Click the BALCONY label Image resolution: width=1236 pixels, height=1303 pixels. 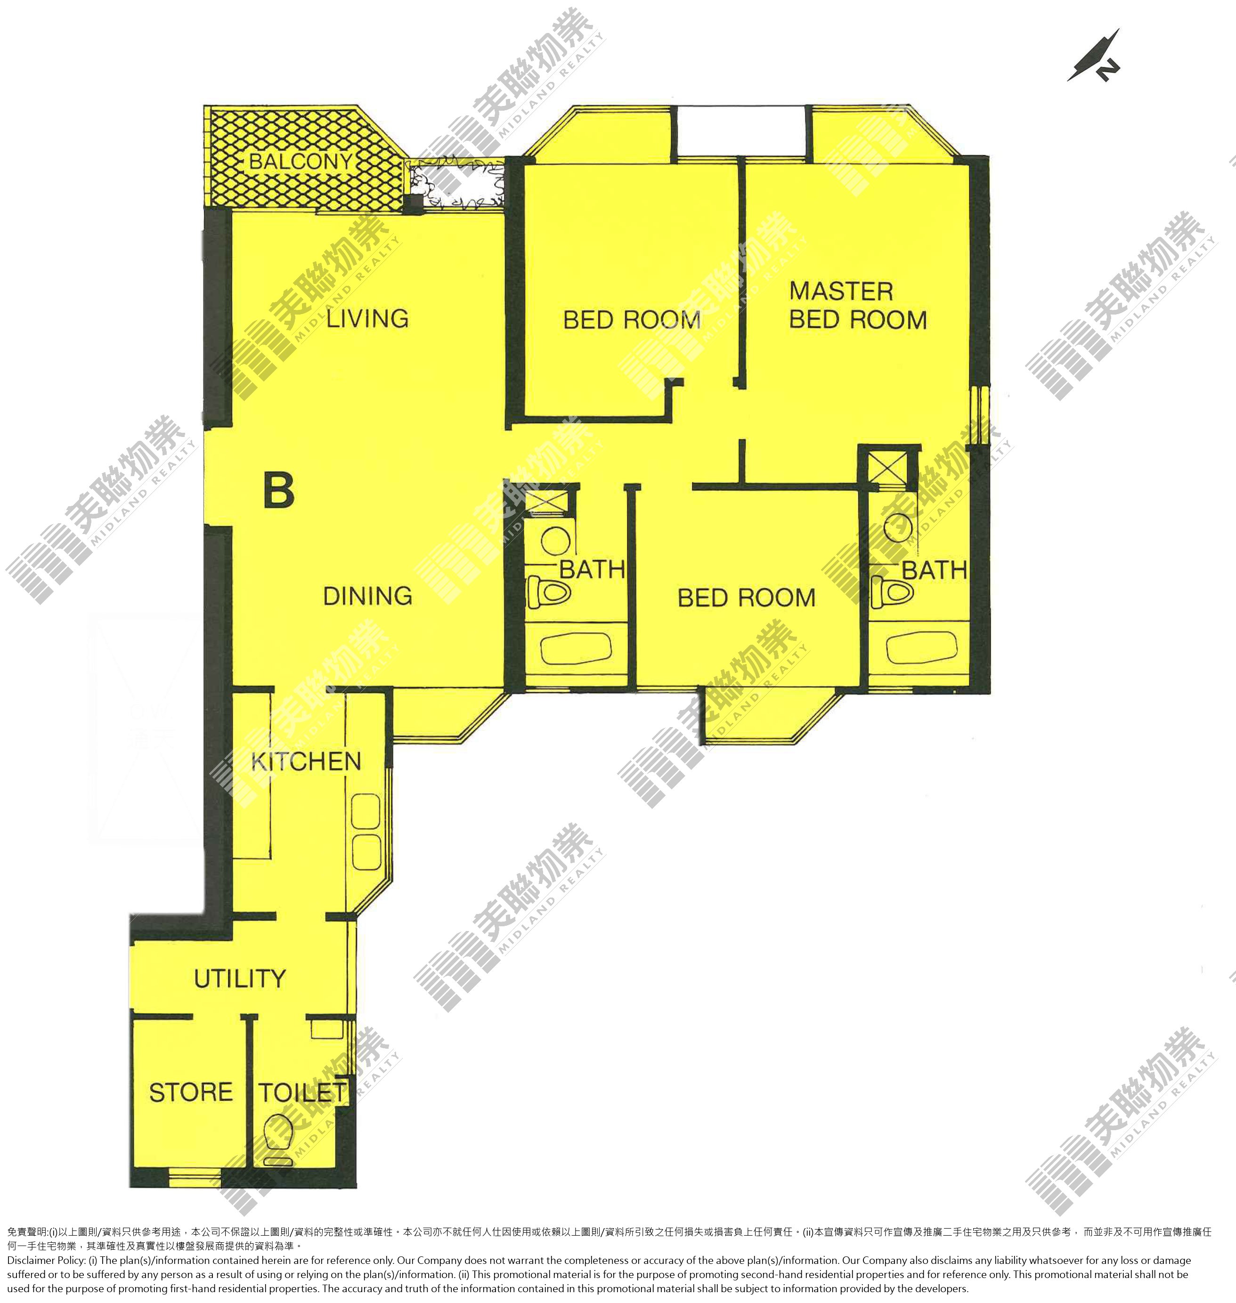pos(301,162)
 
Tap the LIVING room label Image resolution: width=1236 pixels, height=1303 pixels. pos(367,319)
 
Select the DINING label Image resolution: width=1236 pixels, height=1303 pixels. pos(367,596)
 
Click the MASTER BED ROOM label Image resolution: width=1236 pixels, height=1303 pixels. pos(858,306)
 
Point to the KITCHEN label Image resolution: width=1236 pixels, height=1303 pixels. pos(306,762)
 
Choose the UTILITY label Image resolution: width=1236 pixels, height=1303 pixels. pos(240,978)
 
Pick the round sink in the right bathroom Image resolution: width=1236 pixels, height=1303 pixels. pos(898,528)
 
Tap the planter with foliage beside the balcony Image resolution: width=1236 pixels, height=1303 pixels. pos(456,185)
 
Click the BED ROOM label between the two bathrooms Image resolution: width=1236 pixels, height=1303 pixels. pos(747,598)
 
